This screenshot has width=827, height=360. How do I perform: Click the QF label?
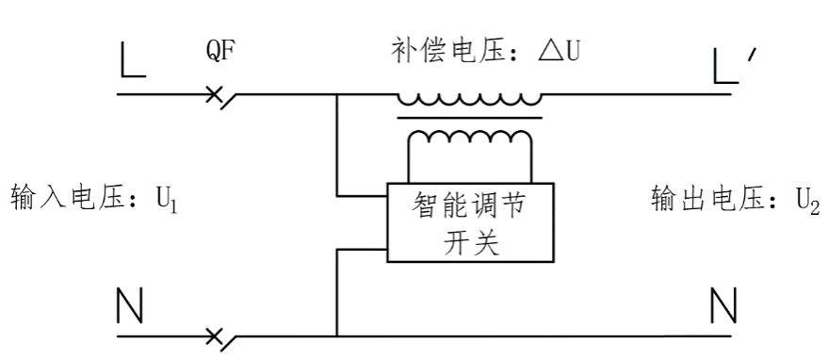[219, 52]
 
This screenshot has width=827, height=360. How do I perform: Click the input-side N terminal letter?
[133, 304]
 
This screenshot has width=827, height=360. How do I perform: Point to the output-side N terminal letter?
[722, 304]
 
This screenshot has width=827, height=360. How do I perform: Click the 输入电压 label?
[68, 199]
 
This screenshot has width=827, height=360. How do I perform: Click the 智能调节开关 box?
[470, 222]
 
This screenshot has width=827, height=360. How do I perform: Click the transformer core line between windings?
[469, 118]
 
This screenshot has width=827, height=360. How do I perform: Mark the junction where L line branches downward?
[336, 96]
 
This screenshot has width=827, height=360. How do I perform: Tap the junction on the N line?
[336, 335]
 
